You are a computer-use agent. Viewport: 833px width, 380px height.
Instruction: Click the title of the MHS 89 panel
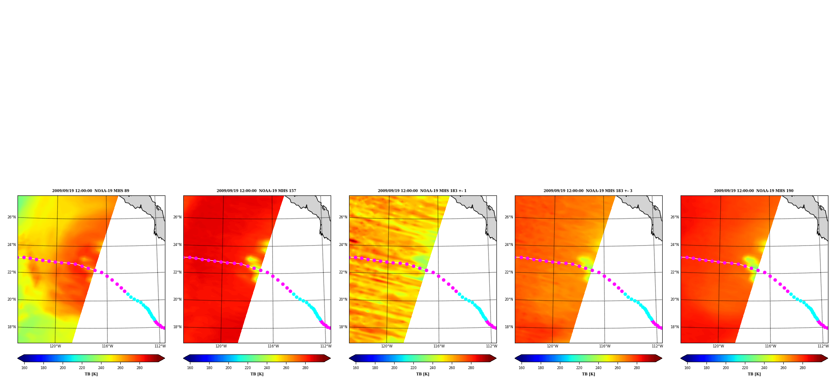pos(91,191)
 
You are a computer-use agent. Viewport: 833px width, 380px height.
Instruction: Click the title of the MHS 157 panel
pos(256,191)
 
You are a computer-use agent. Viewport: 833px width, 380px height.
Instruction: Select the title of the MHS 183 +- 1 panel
pos(422,191)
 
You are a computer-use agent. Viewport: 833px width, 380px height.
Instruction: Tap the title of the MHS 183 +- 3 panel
pos(588,191)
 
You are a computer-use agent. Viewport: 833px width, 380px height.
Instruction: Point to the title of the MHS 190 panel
pos(754,191)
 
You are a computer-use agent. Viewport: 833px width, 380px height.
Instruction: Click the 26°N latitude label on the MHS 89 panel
pos(12,217)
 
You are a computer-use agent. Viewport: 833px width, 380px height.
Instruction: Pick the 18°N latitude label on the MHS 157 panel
pos(177,327)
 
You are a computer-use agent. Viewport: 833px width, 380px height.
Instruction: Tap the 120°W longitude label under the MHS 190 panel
pos(718,346)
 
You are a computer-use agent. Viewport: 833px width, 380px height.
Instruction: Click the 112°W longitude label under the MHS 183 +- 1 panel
pos(491,346)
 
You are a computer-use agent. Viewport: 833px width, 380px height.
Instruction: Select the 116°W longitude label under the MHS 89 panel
pos(107,346)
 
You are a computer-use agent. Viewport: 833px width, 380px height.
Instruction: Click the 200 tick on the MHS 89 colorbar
pos(63,368)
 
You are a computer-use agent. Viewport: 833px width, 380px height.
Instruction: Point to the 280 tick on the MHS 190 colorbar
pos(803,368)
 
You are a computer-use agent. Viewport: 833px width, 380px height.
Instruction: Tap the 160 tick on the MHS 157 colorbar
pos(190,368)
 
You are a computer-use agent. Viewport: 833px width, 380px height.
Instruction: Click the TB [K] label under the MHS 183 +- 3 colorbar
pos(588,374)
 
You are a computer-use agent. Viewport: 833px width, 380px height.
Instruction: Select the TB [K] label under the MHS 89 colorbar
pos(91,374)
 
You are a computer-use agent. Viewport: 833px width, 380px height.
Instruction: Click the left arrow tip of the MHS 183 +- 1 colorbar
pos(349,358)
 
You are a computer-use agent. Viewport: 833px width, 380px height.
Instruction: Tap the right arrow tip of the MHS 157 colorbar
pos(330,358)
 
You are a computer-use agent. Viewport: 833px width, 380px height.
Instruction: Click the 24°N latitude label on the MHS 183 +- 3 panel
pos(509,245)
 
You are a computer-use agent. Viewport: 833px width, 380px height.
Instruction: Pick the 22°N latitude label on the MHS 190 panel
pos(675,272)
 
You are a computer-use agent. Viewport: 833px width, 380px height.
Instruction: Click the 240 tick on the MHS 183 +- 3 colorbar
pos(598,368)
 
